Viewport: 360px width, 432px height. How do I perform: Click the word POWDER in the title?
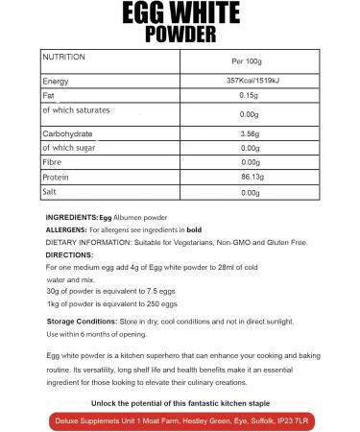point(180,35)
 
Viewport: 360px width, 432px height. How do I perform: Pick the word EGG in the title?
point(180,12)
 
